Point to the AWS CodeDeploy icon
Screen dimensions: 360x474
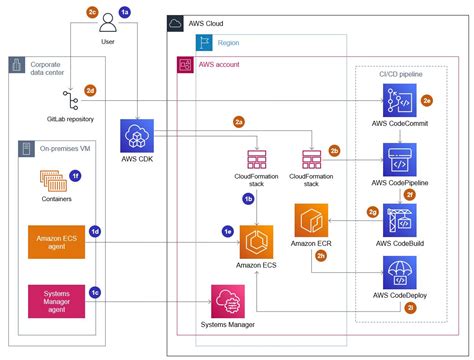(x=400, y=273)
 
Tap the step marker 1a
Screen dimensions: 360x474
(x=125, y=11)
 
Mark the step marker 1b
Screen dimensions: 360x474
(x=248, y=199)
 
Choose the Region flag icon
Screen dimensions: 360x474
(x=203, y=43)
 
